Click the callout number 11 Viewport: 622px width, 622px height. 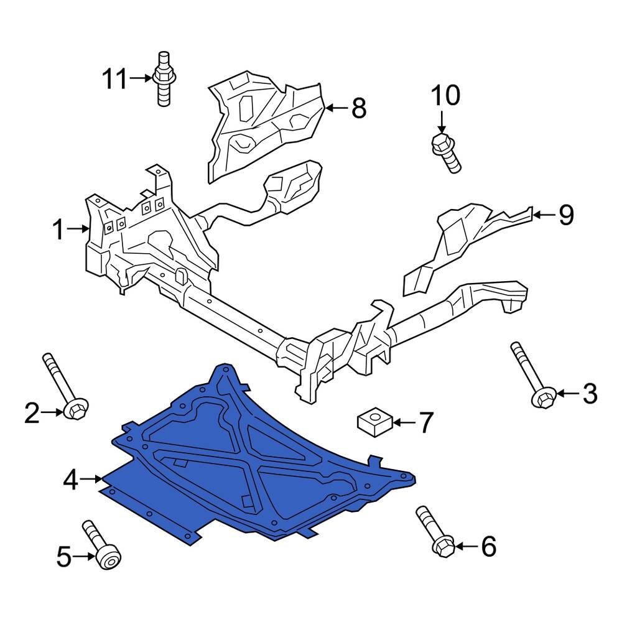114,79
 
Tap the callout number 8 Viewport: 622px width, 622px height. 359,108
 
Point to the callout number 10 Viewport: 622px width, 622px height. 445,96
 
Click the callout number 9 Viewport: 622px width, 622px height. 565,215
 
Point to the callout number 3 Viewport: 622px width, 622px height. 588,393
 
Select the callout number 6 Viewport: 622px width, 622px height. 488,547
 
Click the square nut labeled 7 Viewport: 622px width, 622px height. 373,422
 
